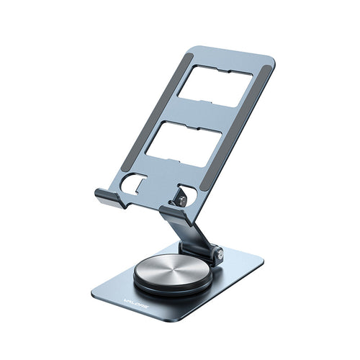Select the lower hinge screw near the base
pos(216,253)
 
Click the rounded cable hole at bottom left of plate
pos(135,185)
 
